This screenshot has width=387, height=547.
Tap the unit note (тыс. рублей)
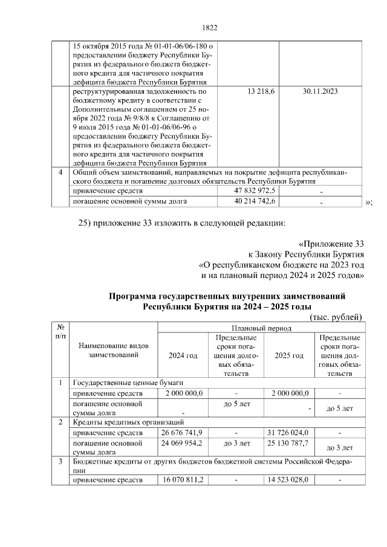(x=335, y=317)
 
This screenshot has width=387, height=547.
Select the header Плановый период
(x=259, y=328)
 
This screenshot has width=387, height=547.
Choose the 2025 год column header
(x=289, y=355)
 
